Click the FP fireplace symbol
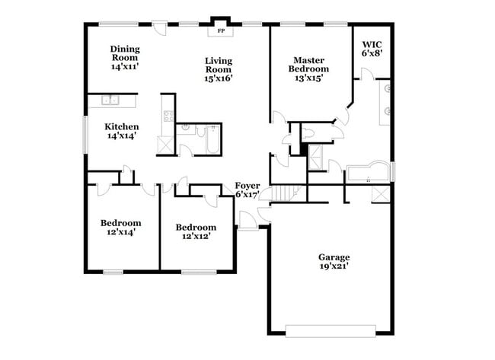[221, 31]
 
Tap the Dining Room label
[125, 53]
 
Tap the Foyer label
[247, 185]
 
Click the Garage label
[334, 257]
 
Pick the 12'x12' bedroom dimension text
[196, 236]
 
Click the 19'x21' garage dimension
[334, 266]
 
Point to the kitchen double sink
[111, 100]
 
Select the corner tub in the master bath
[369, 173]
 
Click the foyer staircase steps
[283, 193]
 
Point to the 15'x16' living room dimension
[219, 77]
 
